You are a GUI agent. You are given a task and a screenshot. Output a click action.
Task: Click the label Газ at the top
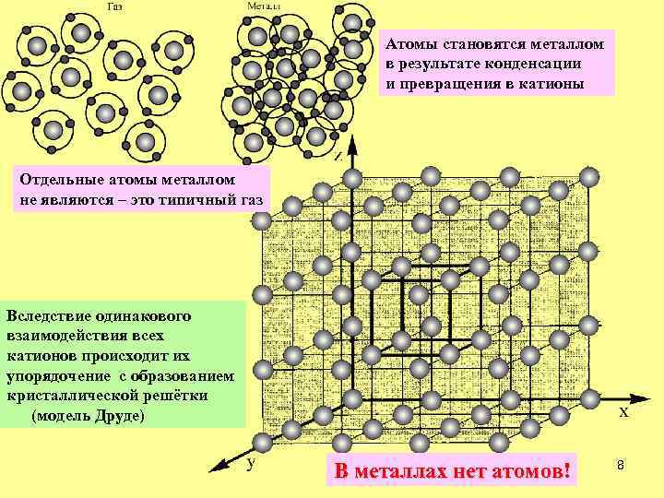coord(115,6)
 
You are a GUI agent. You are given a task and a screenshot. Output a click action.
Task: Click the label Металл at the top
coord(265,6)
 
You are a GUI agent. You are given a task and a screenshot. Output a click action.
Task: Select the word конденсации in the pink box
coord(536,64)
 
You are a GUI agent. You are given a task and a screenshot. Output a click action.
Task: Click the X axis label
coord(623,414)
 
